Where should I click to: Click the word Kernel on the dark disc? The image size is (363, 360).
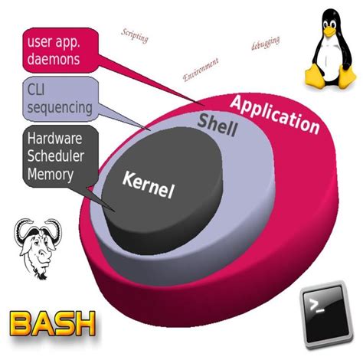click(149, 184)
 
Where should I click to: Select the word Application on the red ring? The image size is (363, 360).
click(273, 113)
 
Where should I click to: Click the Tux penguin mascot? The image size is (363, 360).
click(332, 50)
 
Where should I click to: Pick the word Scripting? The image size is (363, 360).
click(136, 35)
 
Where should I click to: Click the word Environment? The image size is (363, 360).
click(201, 69)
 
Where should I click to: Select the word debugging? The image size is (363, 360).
click(266, 43)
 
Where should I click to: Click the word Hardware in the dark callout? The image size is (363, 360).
click(54, 139)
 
